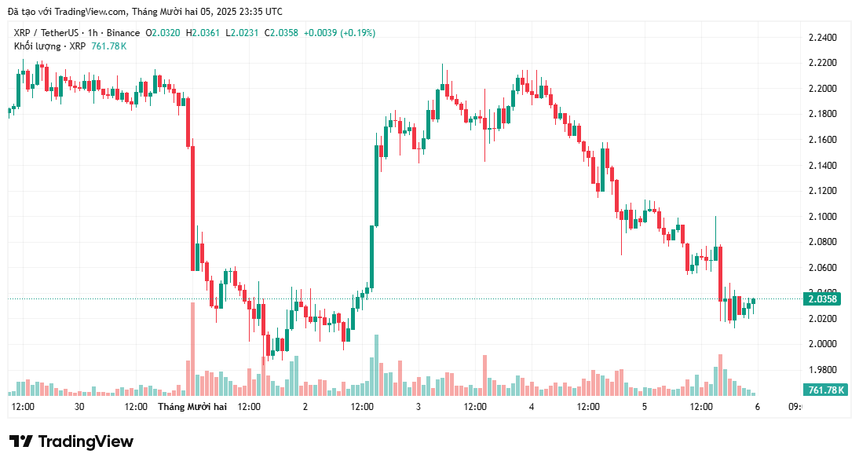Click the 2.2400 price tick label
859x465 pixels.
pyautogui.click(x=822, y=37)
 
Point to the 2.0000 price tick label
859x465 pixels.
pyautogui.click(x=822, y=344)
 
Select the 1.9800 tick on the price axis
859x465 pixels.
pyautogui.click(x=822, y=369)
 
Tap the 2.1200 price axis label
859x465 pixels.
pyautogui.click(x=822, y=191)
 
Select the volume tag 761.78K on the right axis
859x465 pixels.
pyautogui.click(x=825, y=390)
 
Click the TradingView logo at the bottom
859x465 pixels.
pyautogui.click(x=71, y=441)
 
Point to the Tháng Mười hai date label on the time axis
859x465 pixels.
pyautogui.click(x=192, y=407)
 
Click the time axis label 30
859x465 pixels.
pyautogui.click(x=79, y=407)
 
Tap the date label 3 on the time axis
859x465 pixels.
pyautogui.click(x=419, y=407)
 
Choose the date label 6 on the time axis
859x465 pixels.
pyautogui.click(x=757, y=407)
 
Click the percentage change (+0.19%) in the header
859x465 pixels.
pyautogui.click(x=357, y=33)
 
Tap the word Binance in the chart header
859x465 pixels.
pyautogui.click(x=122, y=33)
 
